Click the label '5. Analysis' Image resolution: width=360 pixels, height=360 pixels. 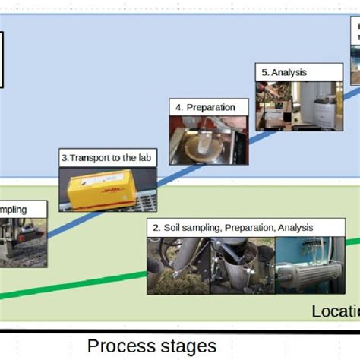283,73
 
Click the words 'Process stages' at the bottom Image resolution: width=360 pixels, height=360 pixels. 152,346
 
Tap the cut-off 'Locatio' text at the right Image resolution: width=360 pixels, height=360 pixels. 335,311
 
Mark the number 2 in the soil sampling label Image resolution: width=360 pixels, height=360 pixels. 156,227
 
